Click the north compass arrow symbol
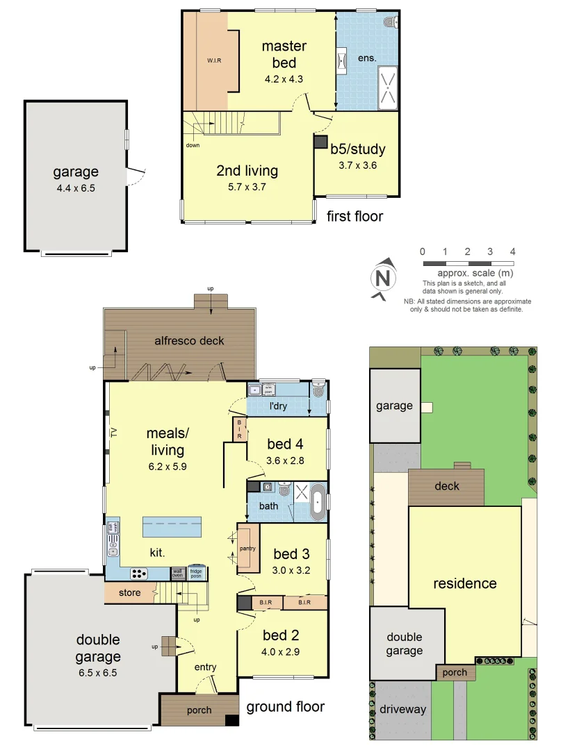[382, 278]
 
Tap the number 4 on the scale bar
[513, 252]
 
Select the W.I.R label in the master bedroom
[213, 60]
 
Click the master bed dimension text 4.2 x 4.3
[284, 79]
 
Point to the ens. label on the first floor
[367, 58]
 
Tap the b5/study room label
[358, 149]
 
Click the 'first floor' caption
[354, 217]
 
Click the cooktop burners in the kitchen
[139, 574]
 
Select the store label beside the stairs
[129, 593]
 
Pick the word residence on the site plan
[464, 583]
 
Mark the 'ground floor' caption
[285, 707]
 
